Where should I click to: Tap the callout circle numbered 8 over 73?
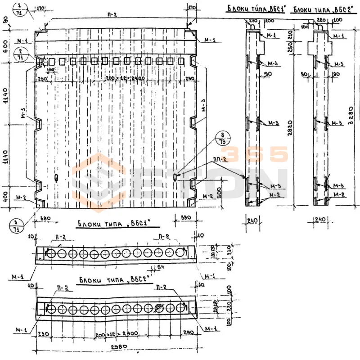pos(221,138)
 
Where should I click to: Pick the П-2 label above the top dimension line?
pos(112,15)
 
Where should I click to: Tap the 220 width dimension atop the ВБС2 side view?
pos(320,21)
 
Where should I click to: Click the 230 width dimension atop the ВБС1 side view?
pos(252,21)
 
